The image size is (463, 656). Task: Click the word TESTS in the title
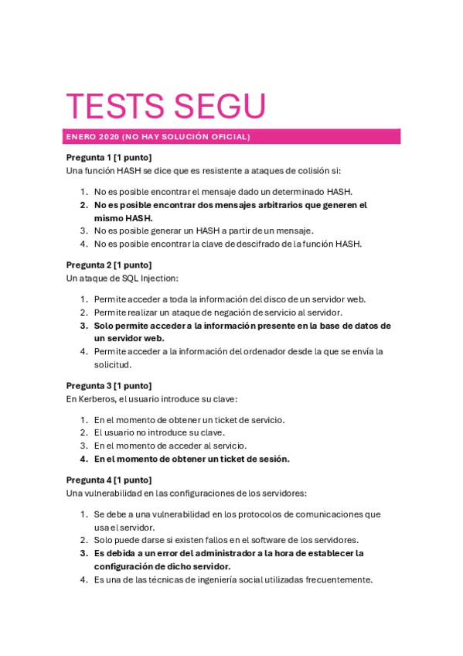pyautogui.click(x=115, y=107)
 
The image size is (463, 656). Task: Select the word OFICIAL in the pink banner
pyautogui.click(x=227, y=137)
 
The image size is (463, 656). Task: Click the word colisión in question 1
pyautogui.click(x=303, y=170)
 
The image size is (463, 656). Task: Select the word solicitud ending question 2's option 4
pyautogui.click(x=113, y=364)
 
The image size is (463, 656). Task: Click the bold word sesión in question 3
pyautogui.click(x=271, y=459)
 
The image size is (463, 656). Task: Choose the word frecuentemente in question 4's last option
pyautogui.click(x=336, y=579)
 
